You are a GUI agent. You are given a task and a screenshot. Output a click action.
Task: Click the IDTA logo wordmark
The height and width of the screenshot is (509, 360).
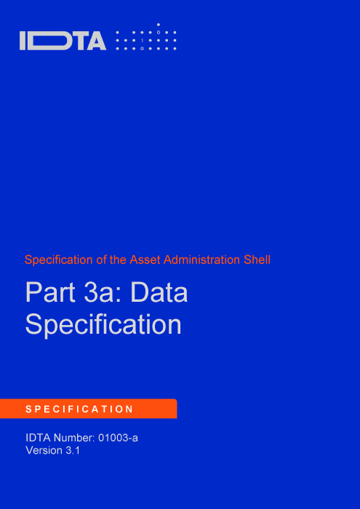[63, 41]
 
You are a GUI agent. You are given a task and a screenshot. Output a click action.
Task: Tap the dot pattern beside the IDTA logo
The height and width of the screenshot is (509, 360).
[146, 36]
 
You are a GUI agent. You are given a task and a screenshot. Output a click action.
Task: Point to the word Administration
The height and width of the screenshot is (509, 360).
[202, 260]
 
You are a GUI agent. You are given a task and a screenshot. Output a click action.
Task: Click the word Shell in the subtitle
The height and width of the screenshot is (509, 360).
[257, 260]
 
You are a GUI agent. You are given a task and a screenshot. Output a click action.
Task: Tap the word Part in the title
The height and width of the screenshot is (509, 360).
[50, 292]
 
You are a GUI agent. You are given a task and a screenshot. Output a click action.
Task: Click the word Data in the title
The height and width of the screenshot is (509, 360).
[159, 292]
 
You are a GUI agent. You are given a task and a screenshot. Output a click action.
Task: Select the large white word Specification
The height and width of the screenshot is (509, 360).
[103, 324]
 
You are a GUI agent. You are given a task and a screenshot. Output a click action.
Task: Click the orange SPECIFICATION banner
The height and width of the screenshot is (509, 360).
[88, 409]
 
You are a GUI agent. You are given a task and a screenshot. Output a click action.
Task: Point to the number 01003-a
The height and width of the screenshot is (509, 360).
[118, 438]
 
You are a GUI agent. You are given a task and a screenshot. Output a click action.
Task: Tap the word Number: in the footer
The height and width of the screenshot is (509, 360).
[74, 438]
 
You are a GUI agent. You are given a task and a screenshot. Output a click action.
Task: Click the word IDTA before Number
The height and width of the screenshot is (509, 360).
[38, 438]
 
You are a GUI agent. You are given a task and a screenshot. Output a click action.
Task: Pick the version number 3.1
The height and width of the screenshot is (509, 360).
[73, 451]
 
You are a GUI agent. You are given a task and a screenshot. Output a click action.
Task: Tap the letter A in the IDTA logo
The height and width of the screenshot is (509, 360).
[96, 41]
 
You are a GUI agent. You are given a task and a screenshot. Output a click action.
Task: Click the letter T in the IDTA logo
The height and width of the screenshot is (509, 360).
[79, 41]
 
